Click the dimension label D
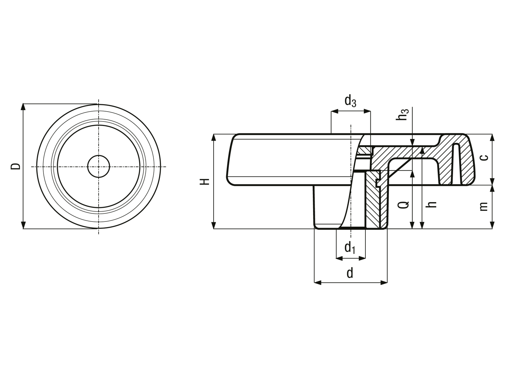point(16,166)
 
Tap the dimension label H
point(204,181)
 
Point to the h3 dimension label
point(402,114)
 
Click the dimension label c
point(484,158)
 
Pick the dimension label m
point(484,206)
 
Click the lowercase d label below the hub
point(350,273)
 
